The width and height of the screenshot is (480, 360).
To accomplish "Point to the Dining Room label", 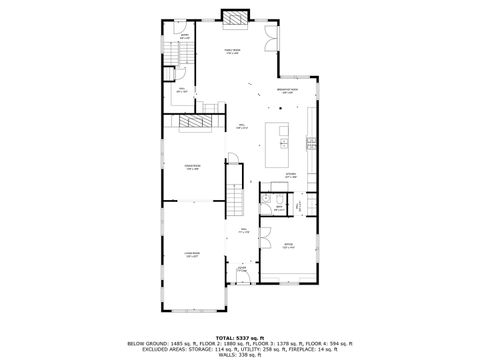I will pyautogui.click(x=192, y=167).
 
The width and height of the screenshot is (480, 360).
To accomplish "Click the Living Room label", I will pyautogui.click(x=191, y=255).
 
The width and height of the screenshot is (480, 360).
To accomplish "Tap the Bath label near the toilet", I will pyautogui.click(x=278, y=209).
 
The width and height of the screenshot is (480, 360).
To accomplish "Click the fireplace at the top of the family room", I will pyautogui.click(x=234, y=17).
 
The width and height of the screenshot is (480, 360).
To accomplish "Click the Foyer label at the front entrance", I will pyautogui.click(x=242, y=269).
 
